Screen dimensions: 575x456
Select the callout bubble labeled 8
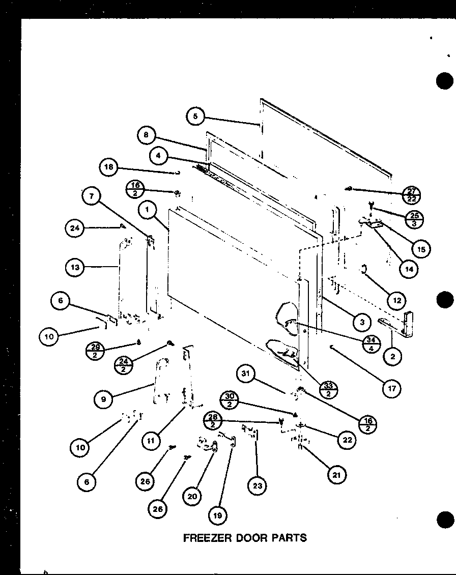pos(146,135)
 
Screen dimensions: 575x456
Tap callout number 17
pos(391,388)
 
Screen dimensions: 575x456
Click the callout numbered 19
pos(217,515)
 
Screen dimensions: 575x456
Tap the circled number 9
pos(104,399)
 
